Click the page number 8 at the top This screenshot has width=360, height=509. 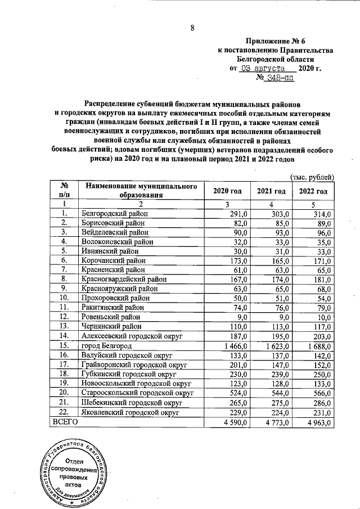[192, 28]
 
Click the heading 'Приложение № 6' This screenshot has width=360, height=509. [277, 41]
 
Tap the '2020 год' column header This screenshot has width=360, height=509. [227, 192]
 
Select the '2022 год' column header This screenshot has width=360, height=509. [313, 192]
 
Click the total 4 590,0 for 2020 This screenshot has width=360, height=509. [232, 421]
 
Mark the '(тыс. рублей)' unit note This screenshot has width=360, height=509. [312, 177]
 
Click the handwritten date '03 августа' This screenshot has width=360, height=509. [263, 68]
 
